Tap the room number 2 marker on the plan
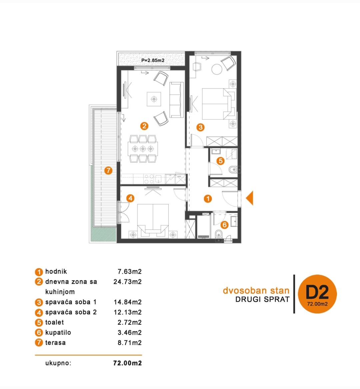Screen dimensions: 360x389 coord(144,126)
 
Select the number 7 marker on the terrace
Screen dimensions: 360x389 coord(108,171)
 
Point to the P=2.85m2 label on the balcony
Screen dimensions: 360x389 coord(153,60)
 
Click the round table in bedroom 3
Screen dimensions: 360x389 coord(217,69)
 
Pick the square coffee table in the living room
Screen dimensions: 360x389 coord(154,99)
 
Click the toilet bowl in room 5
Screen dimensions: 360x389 coord(233,170)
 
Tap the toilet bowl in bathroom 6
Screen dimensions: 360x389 coord(218,234)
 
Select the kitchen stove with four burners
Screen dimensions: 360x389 coord(149,179)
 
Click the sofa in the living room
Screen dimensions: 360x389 coord(177,100)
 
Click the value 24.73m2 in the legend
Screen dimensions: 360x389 coord(128,282)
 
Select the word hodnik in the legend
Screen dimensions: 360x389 coord(56,271)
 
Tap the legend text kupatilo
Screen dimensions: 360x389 coord(58,332)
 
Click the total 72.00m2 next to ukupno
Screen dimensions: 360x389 coord(128,363)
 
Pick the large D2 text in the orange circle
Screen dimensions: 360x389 coord(317,292)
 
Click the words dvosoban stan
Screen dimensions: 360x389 coord(256,290)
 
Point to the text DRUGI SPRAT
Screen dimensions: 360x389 coord(262,299)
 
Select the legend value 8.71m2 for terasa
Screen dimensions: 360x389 coord(130,343)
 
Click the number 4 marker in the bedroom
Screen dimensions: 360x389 coord(130,198)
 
